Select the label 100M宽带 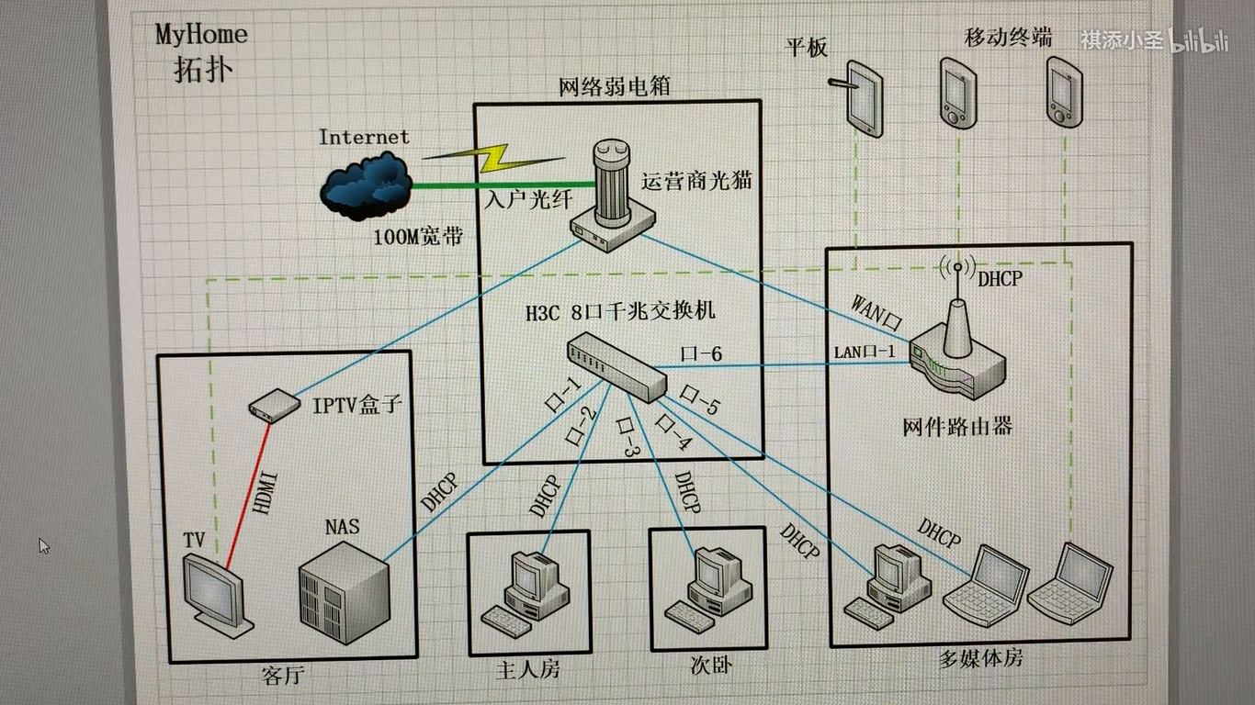point(417,236)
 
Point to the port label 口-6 point(701,352)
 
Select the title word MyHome point(201,35)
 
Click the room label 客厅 point(283,677)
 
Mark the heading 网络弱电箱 point(614,87)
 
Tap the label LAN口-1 point(863,351)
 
